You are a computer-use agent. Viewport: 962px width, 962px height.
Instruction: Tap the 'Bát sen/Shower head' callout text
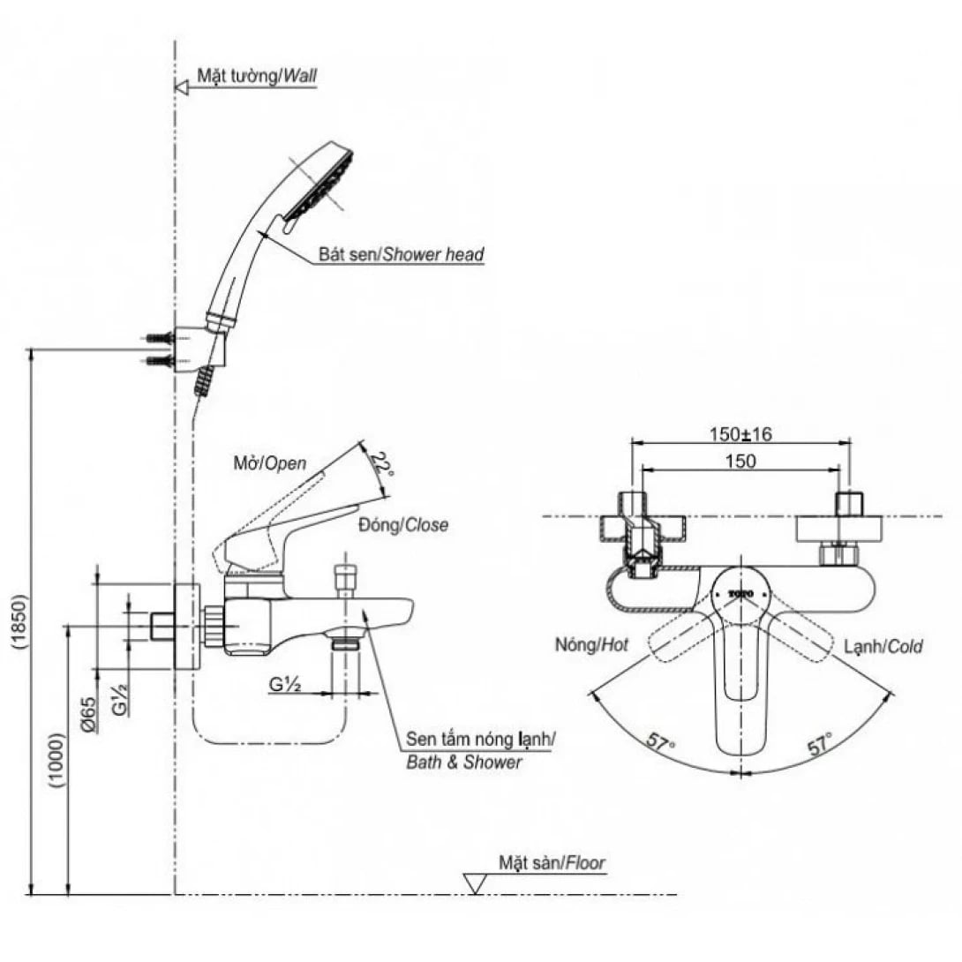tap(402, 255)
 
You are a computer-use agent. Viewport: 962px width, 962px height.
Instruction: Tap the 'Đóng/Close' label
tap(402, 525)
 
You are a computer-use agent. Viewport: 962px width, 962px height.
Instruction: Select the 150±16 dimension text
tap(740, 434)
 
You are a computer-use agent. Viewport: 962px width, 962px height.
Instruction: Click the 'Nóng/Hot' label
tap(591, 645)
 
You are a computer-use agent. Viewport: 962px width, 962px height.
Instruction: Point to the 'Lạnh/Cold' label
tap(883, 646)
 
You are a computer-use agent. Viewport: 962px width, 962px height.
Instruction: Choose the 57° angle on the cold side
tap(820, 744)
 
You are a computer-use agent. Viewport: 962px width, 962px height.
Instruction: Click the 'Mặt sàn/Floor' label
tap(552, 862)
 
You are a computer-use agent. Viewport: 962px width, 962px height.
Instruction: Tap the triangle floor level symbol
tap(476, 883)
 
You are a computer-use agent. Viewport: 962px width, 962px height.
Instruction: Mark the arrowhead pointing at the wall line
tap(182, 86)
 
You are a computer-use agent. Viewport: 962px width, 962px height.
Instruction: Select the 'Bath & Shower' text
tap(463, 762)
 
